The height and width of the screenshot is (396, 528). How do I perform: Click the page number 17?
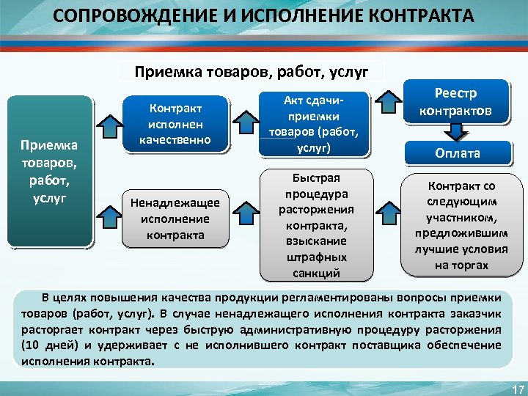(516, 388)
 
